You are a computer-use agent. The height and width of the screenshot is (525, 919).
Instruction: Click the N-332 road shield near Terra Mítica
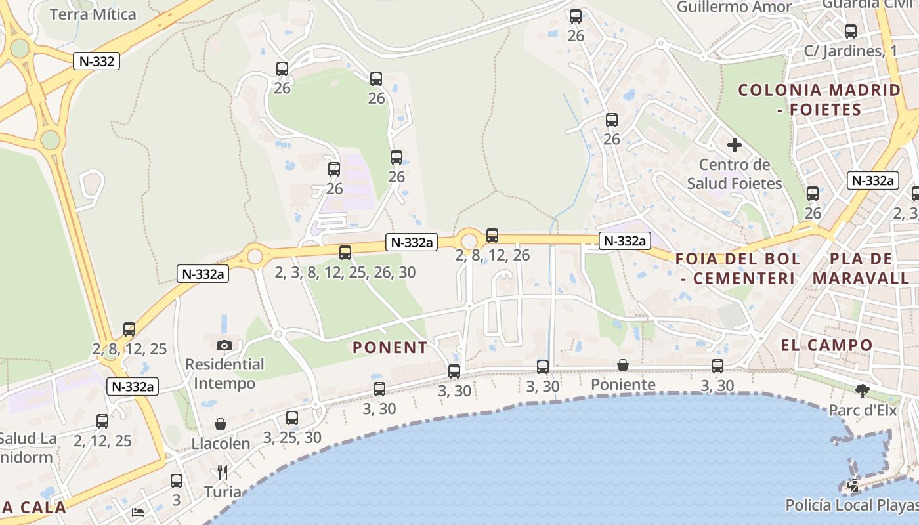[96, 62]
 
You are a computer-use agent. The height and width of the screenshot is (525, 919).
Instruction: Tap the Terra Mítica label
[93, 14]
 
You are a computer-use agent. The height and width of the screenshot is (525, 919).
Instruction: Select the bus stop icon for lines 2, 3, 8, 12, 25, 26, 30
[345, 252]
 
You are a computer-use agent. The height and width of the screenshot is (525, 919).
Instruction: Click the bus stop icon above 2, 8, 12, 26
[492, 236]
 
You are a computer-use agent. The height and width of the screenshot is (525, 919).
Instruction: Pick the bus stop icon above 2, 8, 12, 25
[129, 329]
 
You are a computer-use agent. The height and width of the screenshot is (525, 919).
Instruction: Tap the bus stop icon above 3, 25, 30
[292, 417]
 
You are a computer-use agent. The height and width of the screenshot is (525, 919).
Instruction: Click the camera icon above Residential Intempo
[224, 345]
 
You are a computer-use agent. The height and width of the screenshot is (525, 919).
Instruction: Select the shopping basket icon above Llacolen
[221, 425]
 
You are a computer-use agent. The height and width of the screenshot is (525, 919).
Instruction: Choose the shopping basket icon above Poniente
[623, 365]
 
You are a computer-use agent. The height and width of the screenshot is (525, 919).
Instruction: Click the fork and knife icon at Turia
[223, 472]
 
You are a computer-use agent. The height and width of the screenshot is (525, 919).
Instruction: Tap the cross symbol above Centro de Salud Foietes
[735, 145]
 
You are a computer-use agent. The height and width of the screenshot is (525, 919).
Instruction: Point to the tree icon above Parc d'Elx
[863, 392]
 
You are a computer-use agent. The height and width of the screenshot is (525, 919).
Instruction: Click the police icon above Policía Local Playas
[853, 486]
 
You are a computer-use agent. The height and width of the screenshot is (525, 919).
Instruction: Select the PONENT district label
[390, 347]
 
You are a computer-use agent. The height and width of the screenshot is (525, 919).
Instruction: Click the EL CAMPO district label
[827, 345]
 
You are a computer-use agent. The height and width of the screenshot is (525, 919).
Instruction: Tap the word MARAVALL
[862, 278]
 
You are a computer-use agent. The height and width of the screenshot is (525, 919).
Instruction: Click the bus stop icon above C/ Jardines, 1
[851, 31]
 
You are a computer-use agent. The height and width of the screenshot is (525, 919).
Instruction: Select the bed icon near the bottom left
[138, 512]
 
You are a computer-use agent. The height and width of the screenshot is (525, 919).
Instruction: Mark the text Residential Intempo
[224, 373]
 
